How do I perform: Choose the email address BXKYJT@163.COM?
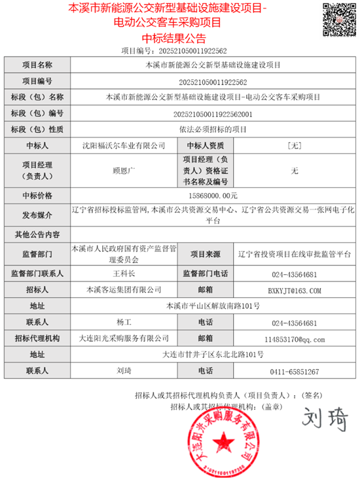point(294,289)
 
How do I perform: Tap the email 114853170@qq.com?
point(294,338)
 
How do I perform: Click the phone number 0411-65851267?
point(294,371)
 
